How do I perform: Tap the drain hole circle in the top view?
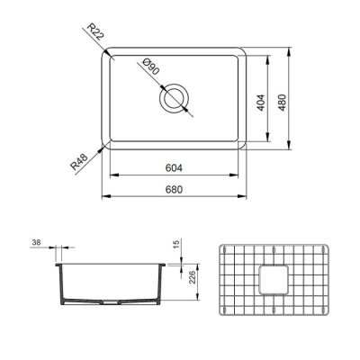click(175, 99)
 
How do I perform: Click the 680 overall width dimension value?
click(175, 190)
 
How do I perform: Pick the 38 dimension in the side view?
click(36, 243)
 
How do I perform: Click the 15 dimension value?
click(177, 244)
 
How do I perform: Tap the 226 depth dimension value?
click(191, 276)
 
